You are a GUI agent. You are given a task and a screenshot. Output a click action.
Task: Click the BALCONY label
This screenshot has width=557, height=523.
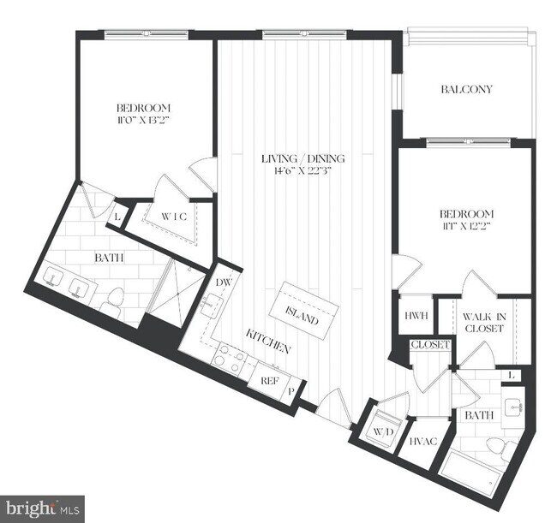(466, 89)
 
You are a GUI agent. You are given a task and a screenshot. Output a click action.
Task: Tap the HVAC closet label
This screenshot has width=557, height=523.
(421, 442)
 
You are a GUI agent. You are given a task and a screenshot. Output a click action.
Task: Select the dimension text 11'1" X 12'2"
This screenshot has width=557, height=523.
(467, 227)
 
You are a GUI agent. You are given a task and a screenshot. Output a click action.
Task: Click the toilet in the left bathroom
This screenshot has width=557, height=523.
(113, 300)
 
